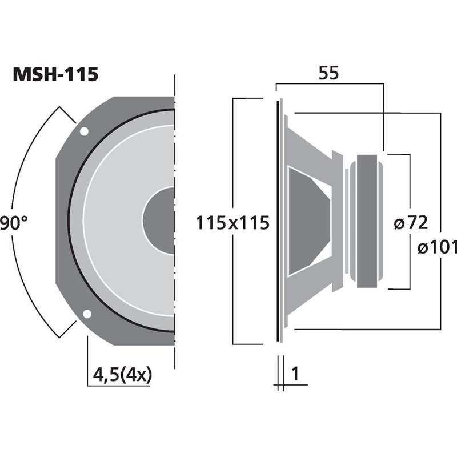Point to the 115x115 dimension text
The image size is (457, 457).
(232, 222)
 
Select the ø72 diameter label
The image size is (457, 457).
(411, 222)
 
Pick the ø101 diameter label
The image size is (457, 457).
(437, 247)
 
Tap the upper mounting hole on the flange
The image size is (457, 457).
(84, 131)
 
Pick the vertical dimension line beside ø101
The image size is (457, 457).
(440, 171)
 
